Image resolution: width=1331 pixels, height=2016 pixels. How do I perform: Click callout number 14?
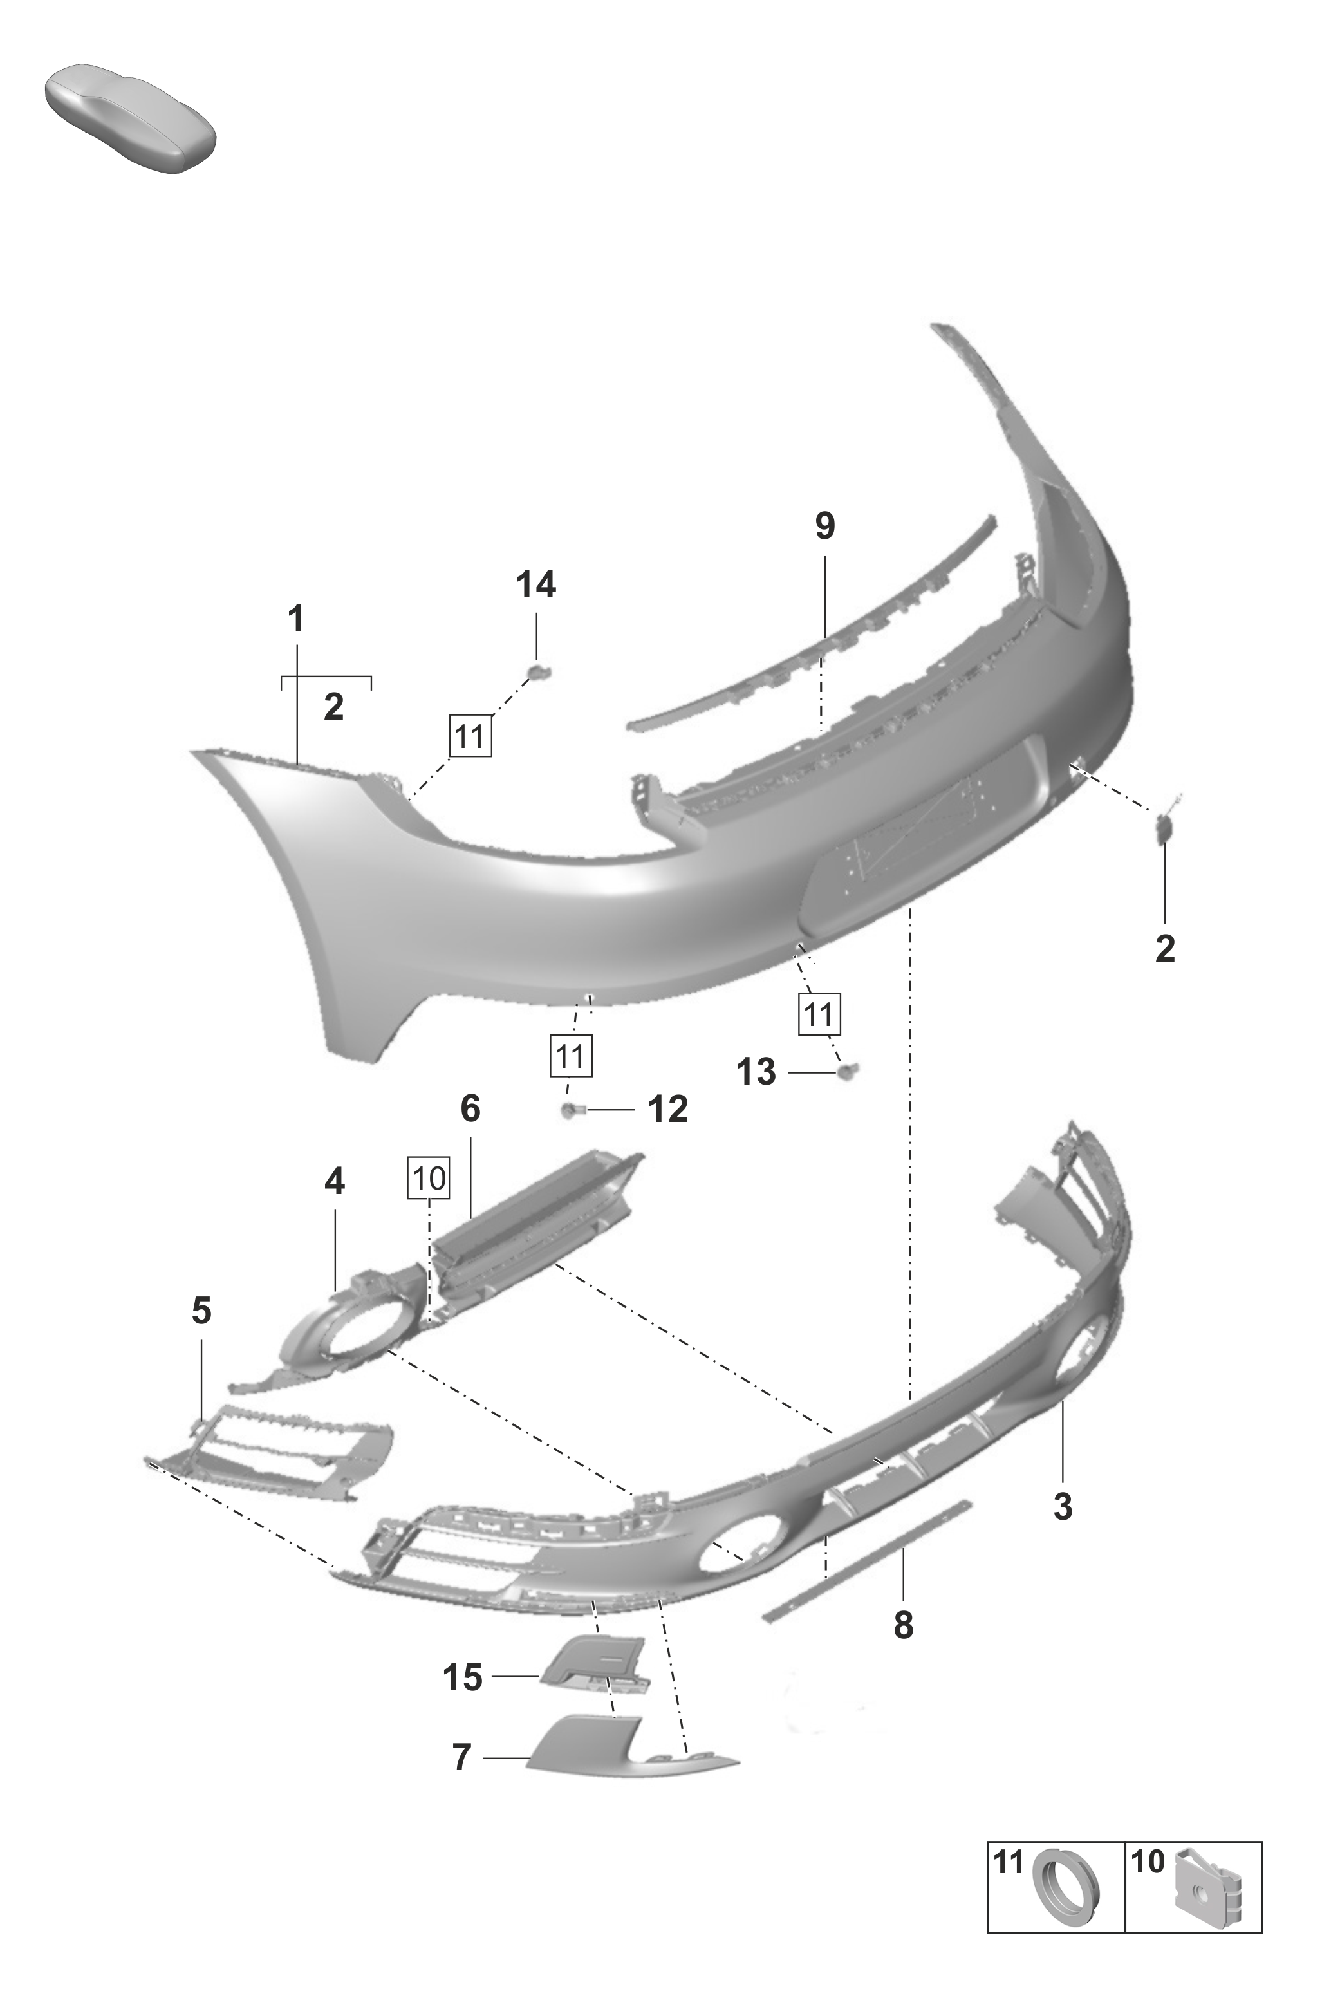[537, 585]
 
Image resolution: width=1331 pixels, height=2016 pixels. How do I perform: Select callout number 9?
[825, 527]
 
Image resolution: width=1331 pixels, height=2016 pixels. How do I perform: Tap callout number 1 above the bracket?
[295, 620]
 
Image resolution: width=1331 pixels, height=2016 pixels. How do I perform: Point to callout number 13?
[756, 1072]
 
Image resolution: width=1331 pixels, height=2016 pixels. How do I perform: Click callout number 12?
[668, 1110]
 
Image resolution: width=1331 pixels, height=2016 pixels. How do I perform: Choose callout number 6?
[470, 1108]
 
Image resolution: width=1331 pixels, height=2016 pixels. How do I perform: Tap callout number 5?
[201, 1311]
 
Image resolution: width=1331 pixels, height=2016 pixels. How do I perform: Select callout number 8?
[903, 1625]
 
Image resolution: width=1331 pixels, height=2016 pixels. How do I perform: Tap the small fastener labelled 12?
[570, 1110]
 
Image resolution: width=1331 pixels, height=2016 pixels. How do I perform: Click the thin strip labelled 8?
[866, 1561]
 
